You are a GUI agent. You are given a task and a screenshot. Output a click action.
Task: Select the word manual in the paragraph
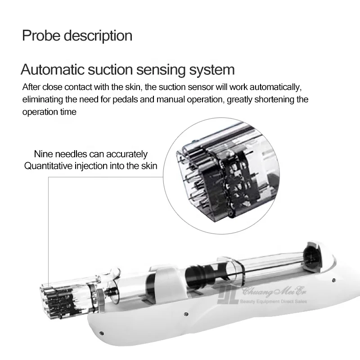click(177, 99)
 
